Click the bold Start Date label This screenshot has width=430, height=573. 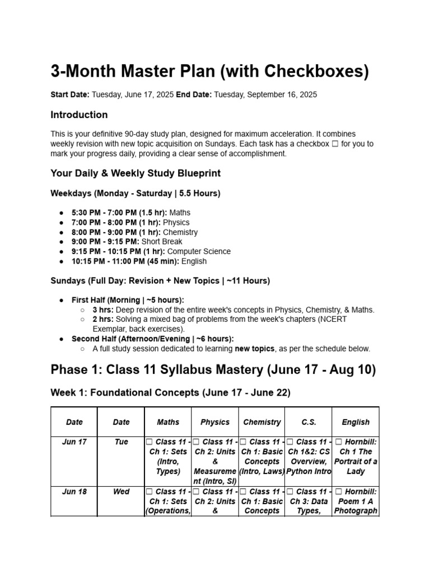click(x=70, y=95)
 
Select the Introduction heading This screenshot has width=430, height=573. click(x=79, y=115)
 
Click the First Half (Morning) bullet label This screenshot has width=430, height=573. click(x=128, y=300)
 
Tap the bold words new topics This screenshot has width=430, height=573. click(x=255, y=349)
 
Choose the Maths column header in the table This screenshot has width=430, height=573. click(x=168, y=422)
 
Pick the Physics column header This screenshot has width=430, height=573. click(x=215, y=422)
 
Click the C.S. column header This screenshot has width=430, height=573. click(x=309, y=422)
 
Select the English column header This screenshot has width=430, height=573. click(x=356, y=422)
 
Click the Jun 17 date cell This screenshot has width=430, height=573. click(x=74, y=442)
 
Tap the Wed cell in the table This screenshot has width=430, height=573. click(x=121, y=492)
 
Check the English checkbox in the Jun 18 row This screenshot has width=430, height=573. click(x=338, y=492)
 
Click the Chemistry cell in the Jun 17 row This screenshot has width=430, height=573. click(x=262, y=457)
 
